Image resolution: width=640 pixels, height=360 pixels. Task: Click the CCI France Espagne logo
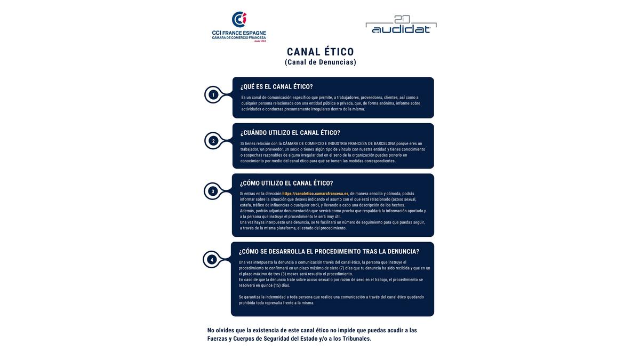pyautogui.click(x=239, y=27)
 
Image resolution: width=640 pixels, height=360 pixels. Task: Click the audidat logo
pyautogui.click(x=401, y=26)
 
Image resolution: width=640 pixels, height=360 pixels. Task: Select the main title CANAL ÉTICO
pyautogui.click(x=320, y=52)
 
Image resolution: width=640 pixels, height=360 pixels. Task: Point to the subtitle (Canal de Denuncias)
pyautogui.click(x=320, y=62)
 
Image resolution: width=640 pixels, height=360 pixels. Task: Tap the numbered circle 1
pyautogui.click(x=213, y=95)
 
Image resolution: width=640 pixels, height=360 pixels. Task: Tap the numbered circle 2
pyautogui.click(x=213, y=141)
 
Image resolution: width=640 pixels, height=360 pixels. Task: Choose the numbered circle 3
pyautogui.click(x=213, y=191)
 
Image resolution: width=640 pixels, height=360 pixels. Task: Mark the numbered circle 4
pyautogui.click(x=212, y=260)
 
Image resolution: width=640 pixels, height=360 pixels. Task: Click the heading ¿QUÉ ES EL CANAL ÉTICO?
pyautogui.click(x=276, y=87)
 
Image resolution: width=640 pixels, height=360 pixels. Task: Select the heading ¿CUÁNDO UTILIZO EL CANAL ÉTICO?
pyautogui.click(x=290, y=133)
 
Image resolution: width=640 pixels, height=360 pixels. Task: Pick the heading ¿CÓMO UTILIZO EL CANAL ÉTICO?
pyautogui.click(x=286, y=183)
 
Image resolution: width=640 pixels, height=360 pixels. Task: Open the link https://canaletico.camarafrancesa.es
pyautogui.click(x=315, y=194)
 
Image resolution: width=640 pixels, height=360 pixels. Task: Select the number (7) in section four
pyautogui.click(x=342, y=268)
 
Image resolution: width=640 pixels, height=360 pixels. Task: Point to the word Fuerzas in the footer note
pyautogui.click(x=217, y=339)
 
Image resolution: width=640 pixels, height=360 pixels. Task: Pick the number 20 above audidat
pyautogui.click(x=401, y=19)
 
